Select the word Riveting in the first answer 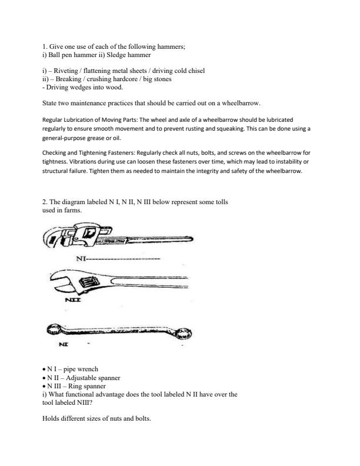coord(69,71)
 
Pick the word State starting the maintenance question coord(51,103)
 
